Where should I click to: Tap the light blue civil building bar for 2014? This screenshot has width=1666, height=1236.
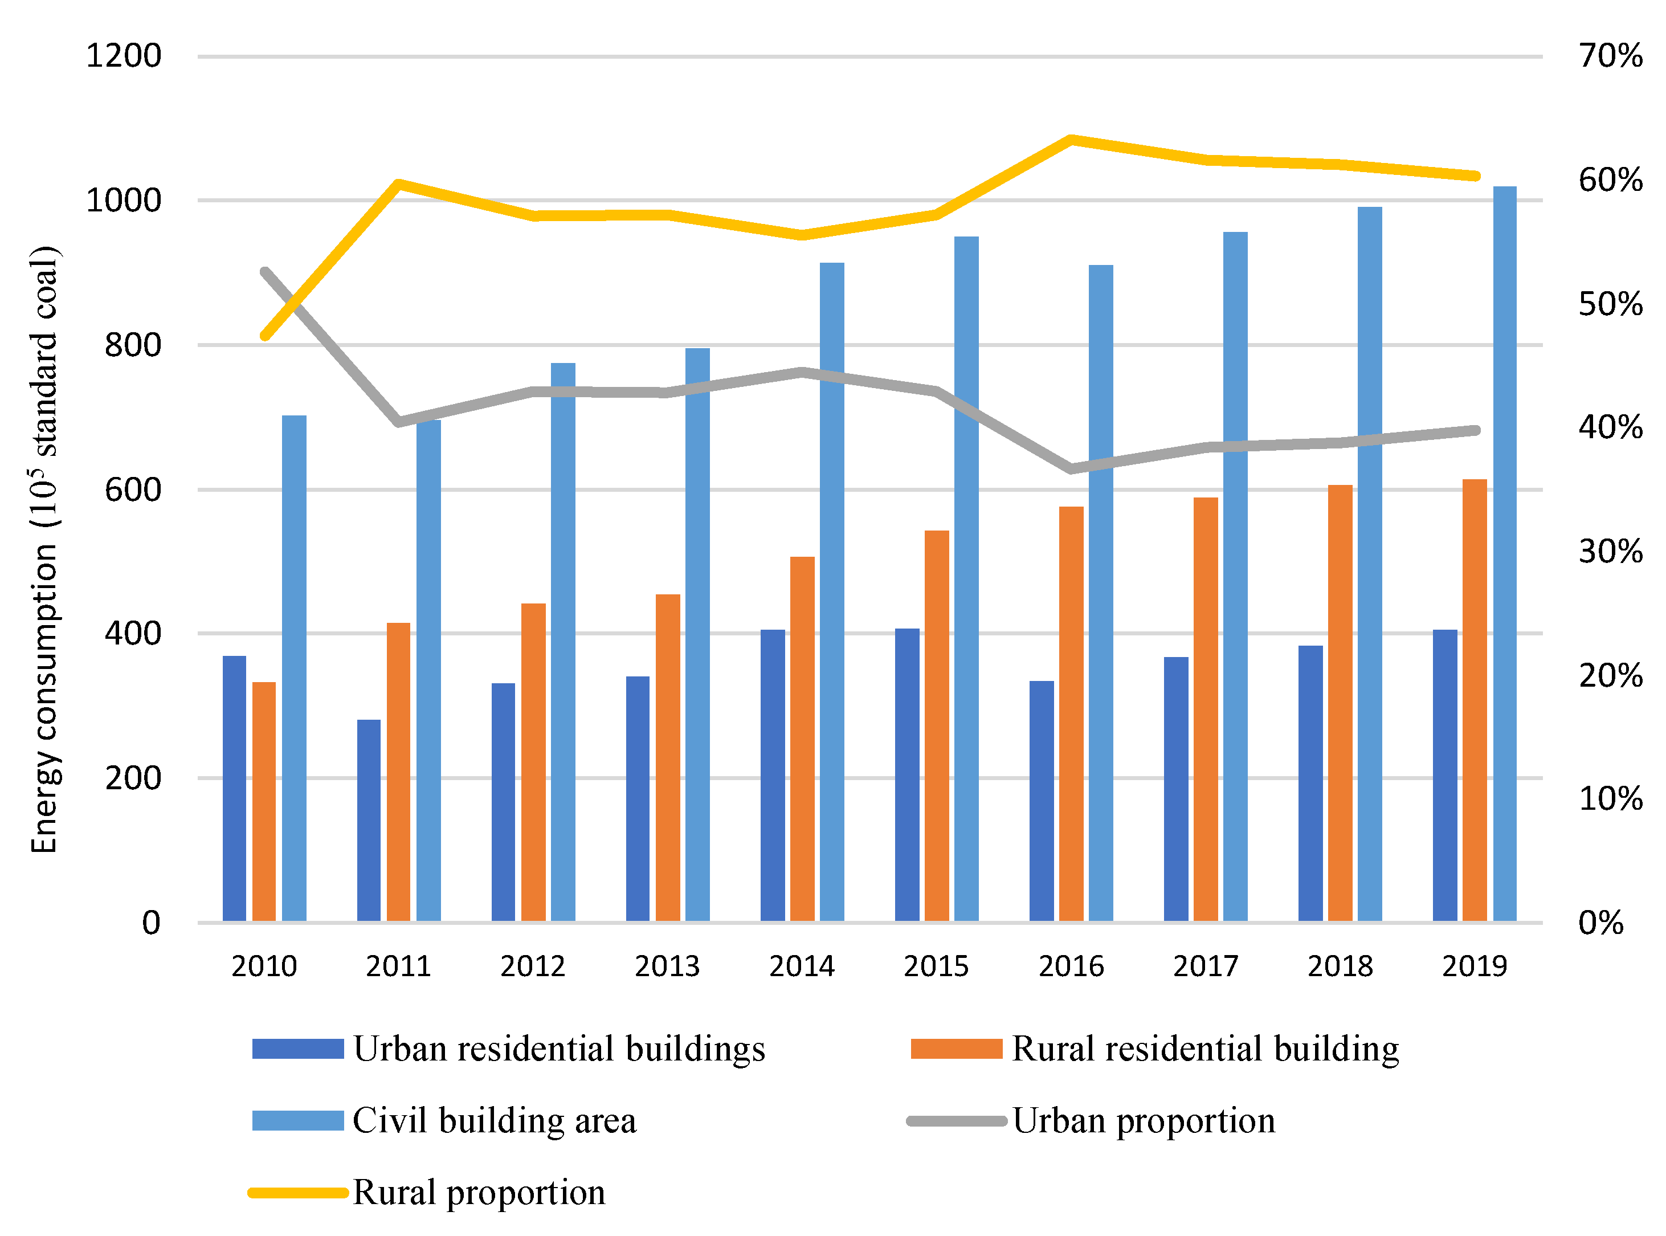click(x=831, y=591)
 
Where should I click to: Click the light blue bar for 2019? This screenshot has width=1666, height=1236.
click(x=1504, y=554)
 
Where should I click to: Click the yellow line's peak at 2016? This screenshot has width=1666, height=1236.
click(x=1071, y=139)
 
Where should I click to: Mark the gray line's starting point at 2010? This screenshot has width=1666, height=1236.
click(x=266, y=272)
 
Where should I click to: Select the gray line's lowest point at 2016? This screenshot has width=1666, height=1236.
click(x=1071, y=469)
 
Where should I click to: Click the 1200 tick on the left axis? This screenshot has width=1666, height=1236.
click(x=124, y=56)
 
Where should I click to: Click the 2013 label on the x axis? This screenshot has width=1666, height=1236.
click(x=667, y=966)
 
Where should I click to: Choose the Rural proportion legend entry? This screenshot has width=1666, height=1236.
click(x=478, y=1193)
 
